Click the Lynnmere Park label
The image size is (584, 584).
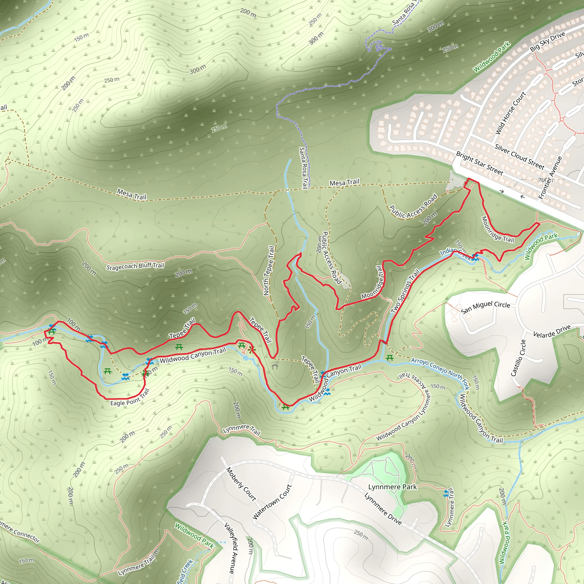392,487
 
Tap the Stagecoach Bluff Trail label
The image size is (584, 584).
135,266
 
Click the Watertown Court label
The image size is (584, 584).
272,502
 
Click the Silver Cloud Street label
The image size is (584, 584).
519,157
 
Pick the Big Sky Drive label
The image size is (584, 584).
548,41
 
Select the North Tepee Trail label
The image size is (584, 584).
269,271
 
